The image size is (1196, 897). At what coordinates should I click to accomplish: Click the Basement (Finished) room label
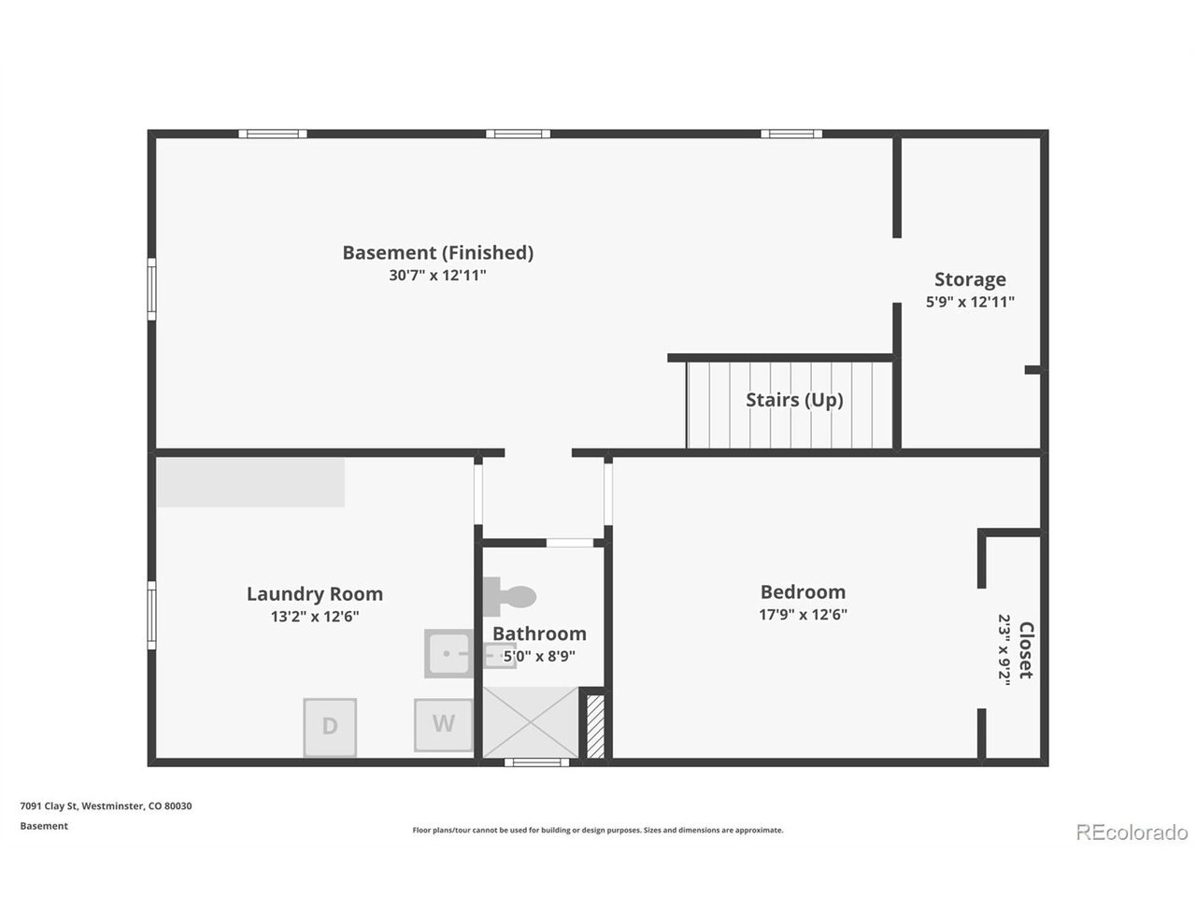437,253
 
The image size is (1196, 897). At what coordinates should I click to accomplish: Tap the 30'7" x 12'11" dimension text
437,276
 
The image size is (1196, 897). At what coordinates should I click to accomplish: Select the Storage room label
970,279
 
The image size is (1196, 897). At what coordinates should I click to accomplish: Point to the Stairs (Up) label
794,400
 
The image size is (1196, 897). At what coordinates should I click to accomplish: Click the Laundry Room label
314,593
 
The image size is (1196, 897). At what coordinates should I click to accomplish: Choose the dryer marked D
330,728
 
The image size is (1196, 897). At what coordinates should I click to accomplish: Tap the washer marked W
443,725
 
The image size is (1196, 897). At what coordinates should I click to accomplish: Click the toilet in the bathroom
509,596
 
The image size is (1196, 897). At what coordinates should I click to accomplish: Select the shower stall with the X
530,722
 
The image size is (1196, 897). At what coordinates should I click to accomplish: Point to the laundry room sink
448,653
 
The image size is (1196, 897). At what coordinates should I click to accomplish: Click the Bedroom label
803,592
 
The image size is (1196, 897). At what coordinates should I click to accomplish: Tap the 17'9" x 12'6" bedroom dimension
803,615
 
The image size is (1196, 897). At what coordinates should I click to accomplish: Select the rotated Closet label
1025,649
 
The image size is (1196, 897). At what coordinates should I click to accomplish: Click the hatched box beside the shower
595,727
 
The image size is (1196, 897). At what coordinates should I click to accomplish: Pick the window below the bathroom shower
536,762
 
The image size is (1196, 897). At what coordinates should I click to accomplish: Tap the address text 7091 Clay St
50,806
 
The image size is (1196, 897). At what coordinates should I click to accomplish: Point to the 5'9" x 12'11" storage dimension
970,302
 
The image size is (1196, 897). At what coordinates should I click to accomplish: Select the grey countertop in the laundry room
250,482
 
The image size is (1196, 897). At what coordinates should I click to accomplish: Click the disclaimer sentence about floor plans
598,830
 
